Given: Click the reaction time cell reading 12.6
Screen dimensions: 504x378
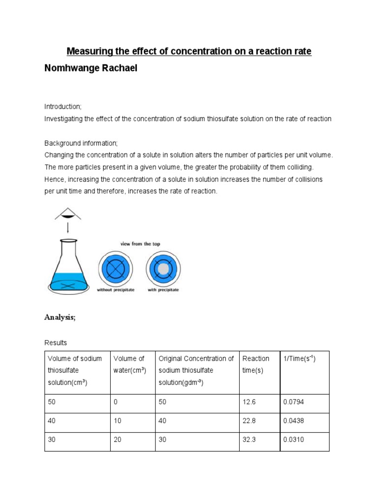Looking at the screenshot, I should coord(250,402).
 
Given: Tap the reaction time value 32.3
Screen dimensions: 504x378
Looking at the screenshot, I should coord(250,440).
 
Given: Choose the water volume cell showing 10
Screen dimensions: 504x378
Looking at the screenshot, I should coord(118,421).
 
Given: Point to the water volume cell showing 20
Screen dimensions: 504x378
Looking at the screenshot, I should coord(118,440).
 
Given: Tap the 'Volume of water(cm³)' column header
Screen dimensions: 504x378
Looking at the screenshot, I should coord(129,364).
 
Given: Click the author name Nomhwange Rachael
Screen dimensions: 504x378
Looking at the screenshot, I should coord(91,68).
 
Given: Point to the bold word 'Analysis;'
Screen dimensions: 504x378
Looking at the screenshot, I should coord(60,317).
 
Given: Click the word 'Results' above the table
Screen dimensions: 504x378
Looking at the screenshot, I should coord(56,342).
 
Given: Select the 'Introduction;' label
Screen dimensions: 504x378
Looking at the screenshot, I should coord(63,106).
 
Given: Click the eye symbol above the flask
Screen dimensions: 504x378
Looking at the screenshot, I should coord(68,214).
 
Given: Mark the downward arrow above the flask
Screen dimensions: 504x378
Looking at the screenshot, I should coord(68,228).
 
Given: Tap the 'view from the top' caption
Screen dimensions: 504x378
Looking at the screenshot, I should coord(140,244).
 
